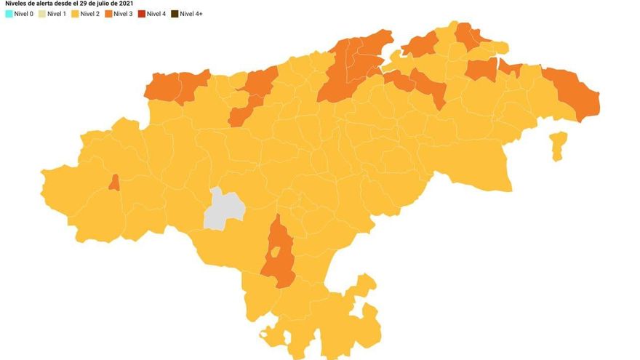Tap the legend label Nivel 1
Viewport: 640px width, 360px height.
click(58, 14)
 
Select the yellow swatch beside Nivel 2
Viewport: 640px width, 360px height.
click(76, 14)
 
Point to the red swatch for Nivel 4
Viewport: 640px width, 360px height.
click(141, 14)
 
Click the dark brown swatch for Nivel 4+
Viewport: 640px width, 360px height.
click(175, 14)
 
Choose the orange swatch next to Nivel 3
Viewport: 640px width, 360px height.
click(108, 14)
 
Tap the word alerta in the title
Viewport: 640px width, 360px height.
click(51, 4)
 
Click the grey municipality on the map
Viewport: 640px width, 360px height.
click(223, 209)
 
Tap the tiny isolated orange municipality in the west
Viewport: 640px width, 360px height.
click(114, 183)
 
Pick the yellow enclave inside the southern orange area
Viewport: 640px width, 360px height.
click(276, 253)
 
